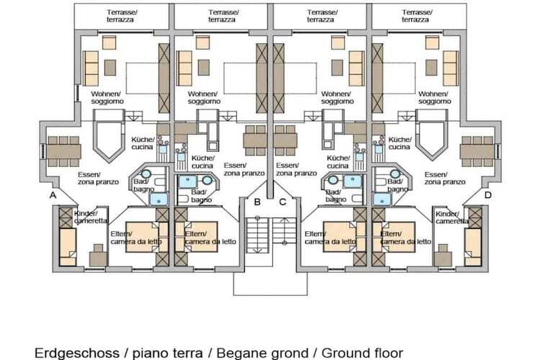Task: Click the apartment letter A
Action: pyautogui.click(x=53, y=195)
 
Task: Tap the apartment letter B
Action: pyautogui.click(x=257, y=202)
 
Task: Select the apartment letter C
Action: pyautogui.click(x=282, y=202)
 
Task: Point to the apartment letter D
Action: pyautogui.click(x=487, y=195)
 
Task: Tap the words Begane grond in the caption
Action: pyautogui.click(x=274, y=353)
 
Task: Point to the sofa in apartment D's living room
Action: pyautogui.click(x=450, y=68)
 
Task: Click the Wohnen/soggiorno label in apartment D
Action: pyautogui.click(x=434, y=98)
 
